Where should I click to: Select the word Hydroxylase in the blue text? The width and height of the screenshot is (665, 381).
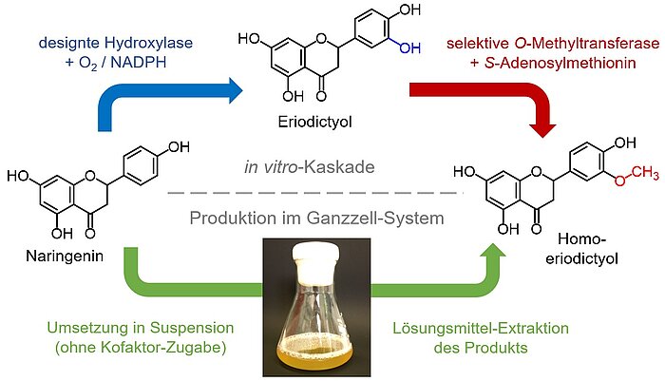tap(145, 42)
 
